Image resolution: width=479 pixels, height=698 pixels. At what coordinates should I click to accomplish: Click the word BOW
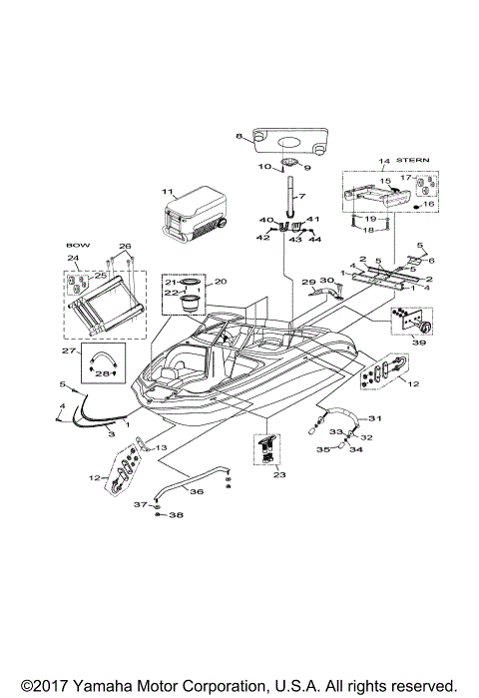(x=78, y=245)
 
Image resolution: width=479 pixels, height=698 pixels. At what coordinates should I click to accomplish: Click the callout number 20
(x=221, y=282)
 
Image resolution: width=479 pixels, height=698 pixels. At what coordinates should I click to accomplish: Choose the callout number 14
(x=383, y=160)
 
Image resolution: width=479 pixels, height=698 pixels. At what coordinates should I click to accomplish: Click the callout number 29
(x=308, y=283)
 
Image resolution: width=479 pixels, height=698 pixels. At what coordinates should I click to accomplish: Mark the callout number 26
(x=125, y=246)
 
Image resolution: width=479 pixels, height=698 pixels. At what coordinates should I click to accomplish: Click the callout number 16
(x=431, y=204)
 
